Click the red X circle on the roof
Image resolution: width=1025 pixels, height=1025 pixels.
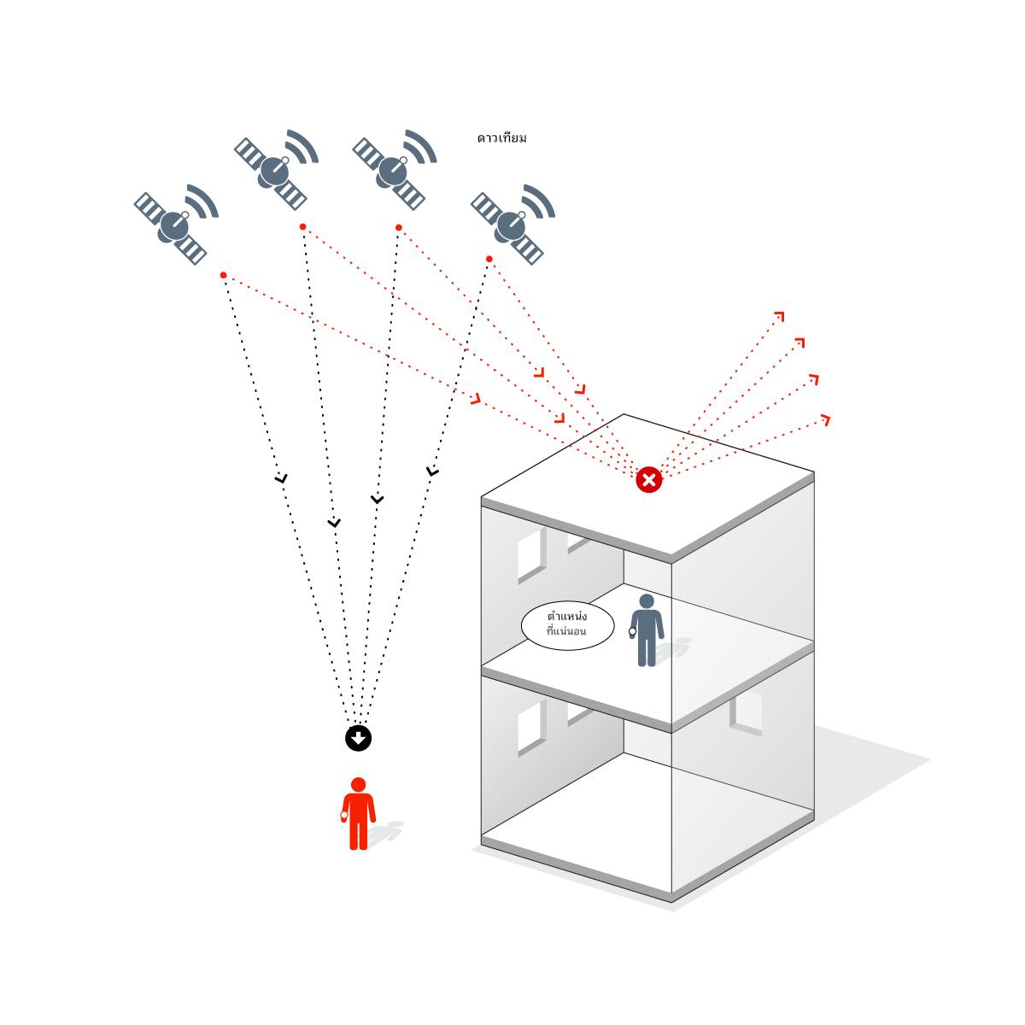click(x=649, y=480)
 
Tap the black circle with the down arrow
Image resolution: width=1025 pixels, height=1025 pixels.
click(x=359, y=738)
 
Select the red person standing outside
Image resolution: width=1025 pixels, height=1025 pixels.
click(x=359, y=814)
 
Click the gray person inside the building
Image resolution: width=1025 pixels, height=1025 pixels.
click(x=647, y=630)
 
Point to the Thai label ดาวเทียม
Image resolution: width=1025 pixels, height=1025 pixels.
click(x=502, y=138)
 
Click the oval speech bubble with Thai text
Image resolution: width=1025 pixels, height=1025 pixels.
click(x=567, y=626)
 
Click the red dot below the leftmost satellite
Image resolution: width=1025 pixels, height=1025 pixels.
click(x=223, y=275)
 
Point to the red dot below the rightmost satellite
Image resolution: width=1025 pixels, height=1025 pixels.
click(x=489, y=259)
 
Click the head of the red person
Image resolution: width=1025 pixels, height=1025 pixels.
click(x=359, y=784)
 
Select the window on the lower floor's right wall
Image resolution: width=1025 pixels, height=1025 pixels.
click(x=746, y=712)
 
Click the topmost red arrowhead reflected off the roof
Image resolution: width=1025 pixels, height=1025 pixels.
click(x=779, y=317)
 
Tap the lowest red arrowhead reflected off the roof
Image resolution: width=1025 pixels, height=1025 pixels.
click(x=825, y=419)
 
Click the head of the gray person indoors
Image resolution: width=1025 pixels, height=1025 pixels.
click(x=647, y=601)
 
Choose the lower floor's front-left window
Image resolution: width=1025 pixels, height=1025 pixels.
click(x=531, y=727)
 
